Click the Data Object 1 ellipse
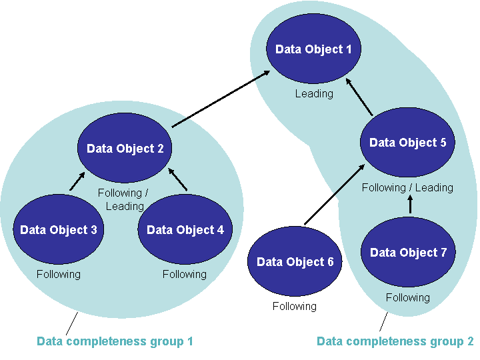[x=313, y=49]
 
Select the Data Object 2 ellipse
[x=125, y=149]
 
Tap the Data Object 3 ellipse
[x=59, y=230]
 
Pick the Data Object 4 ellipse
[x=185, y=230]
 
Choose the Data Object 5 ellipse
[x=408, y=143]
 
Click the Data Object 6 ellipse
[x=295, y=262]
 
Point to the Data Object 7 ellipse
[x=408, y=253]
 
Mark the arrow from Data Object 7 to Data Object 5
[x=409, y=205]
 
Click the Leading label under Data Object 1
[x=314, y=94]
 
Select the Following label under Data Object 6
[x=294, y=307]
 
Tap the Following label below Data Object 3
[x=59, y=274]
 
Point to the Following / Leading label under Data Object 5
[x=407, y=188]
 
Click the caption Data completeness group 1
[x=115, y=342]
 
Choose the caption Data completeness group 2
[x=395, y=342]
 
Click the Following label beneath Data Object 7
[x=407, y=297]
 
